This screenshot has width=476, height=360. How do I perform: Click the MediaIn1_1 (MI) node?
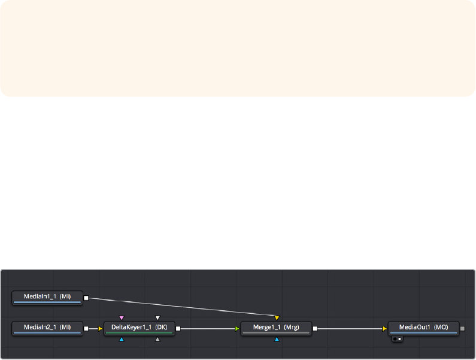pos(47,297)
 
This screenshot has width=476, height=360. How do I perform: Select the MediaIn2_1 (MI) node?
pos(47,328)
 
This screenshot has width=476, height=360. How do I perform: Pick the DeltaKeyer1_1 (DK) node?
pos(139,328)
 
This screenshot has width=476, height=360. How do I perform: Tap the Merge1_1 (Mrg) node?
pos(276,328)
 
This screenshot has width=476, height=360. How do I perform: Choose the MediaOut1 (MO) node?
pos(423,328)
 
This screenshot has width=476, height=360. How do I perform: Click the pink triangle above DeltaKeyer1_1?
pos(122,318)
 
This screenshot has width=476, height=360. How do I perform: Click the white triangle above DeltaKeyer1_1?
pos(157,318)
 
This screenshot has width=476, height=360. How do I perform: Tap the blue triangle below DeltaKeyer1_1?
pos(122,339)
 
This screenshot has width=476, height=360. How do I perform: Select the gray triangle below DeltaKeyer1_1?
pos(157,339)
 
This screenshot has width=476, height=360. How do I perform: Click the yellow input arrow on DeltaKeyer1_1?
pos(101,328)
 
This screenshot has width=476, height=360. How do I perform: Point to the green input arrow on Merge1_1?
pos(237,328)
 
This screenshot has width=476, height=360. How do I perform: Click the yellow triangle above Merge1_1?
pos(277,318)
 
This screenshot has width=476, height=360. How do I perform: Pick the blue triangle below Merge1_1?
pos(277,339)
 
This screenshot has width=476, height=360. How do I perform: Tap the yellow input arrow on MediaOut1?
pos(385,328)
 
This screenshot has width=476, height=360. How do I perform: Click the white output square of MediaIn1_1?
pos(86,297)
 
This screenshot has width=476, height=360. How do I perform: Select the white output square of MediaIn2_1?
pos(86,328)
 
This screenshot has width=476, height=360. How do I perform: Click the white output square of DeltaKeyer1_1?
pos(178,328)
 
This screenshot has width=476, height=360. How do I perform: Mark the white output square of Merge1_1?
pos(315,328)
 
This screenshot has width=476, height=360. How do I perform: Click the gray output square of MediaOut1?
pos(462,328)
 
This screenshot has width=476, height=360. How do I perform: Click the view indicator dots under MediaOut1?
pos(396,338)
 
